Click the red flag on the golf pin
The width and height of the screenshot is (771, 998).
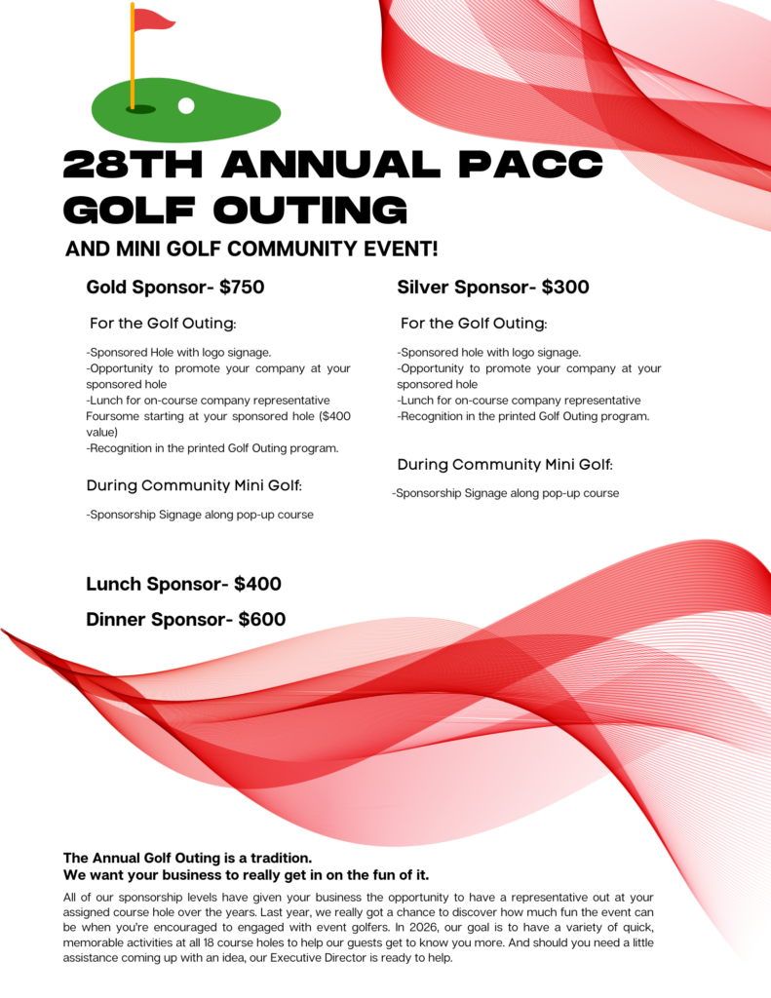click(x=153, y=19)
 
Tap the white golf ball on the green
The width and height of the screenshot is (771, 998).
click(x=186, y=104)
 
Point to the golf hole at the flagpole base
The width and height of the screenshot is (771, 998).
click(x=139, y=110)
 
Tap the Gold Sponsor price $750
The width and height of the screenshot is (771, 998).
click(x=242, y=288)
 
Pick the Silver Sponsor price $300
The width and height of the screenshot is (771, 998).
click(x=565, y=288)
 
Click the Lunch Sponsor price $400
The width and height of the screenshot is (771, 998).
click(x=257, y=585)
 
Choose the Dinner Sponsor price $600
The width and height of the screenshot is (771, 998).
click(x=262, y=619)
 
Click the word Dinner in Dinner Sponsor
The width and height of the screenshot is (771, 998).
click(x=116, y=619)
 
